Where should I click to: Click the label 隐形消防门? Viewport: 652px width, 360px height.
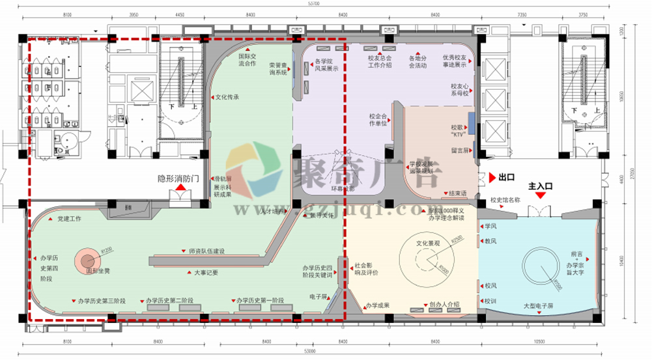coord(179,178)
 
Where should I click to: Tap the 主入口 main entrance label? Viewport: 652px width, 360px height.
coord(541,186)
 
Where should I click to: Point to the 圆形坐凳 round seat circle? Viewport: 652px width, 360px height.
coord(87,259)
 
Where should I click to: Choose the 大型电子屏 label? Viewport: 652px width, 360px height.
coord(538,305)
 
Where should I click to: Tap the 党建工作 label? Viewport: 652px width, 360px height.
coord(69,219)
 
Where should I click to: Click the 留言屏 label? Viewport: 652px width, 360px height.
coord(460,150)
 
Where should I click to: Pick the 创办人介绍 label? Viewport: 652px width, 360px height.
coord(445,304)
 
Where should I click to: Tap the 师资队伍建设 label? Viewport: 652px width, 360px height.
coord(206,251)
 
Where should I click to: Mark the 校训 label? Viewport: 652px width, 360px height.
coord(490,301)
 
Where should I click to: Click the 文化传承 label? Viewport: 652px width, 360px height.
coord(227,98)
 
